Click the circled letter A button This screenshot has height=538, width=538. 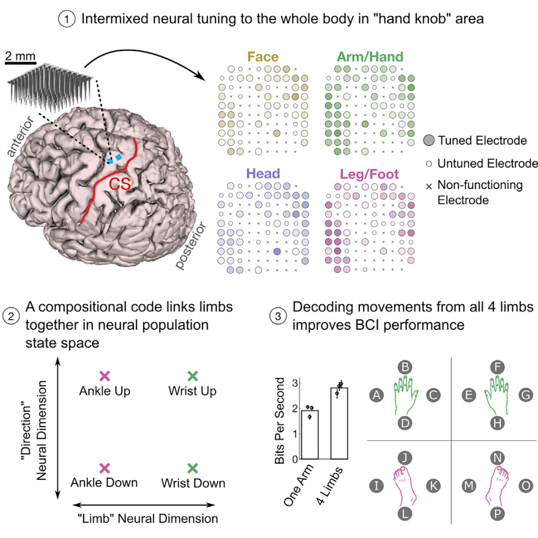[378, 396]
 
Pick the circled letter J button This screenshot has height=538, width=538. [405, 457]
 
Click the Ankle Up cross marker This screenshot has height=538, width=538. [104, 376]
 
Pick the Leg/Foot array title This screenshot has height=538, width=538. [371, 175]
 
